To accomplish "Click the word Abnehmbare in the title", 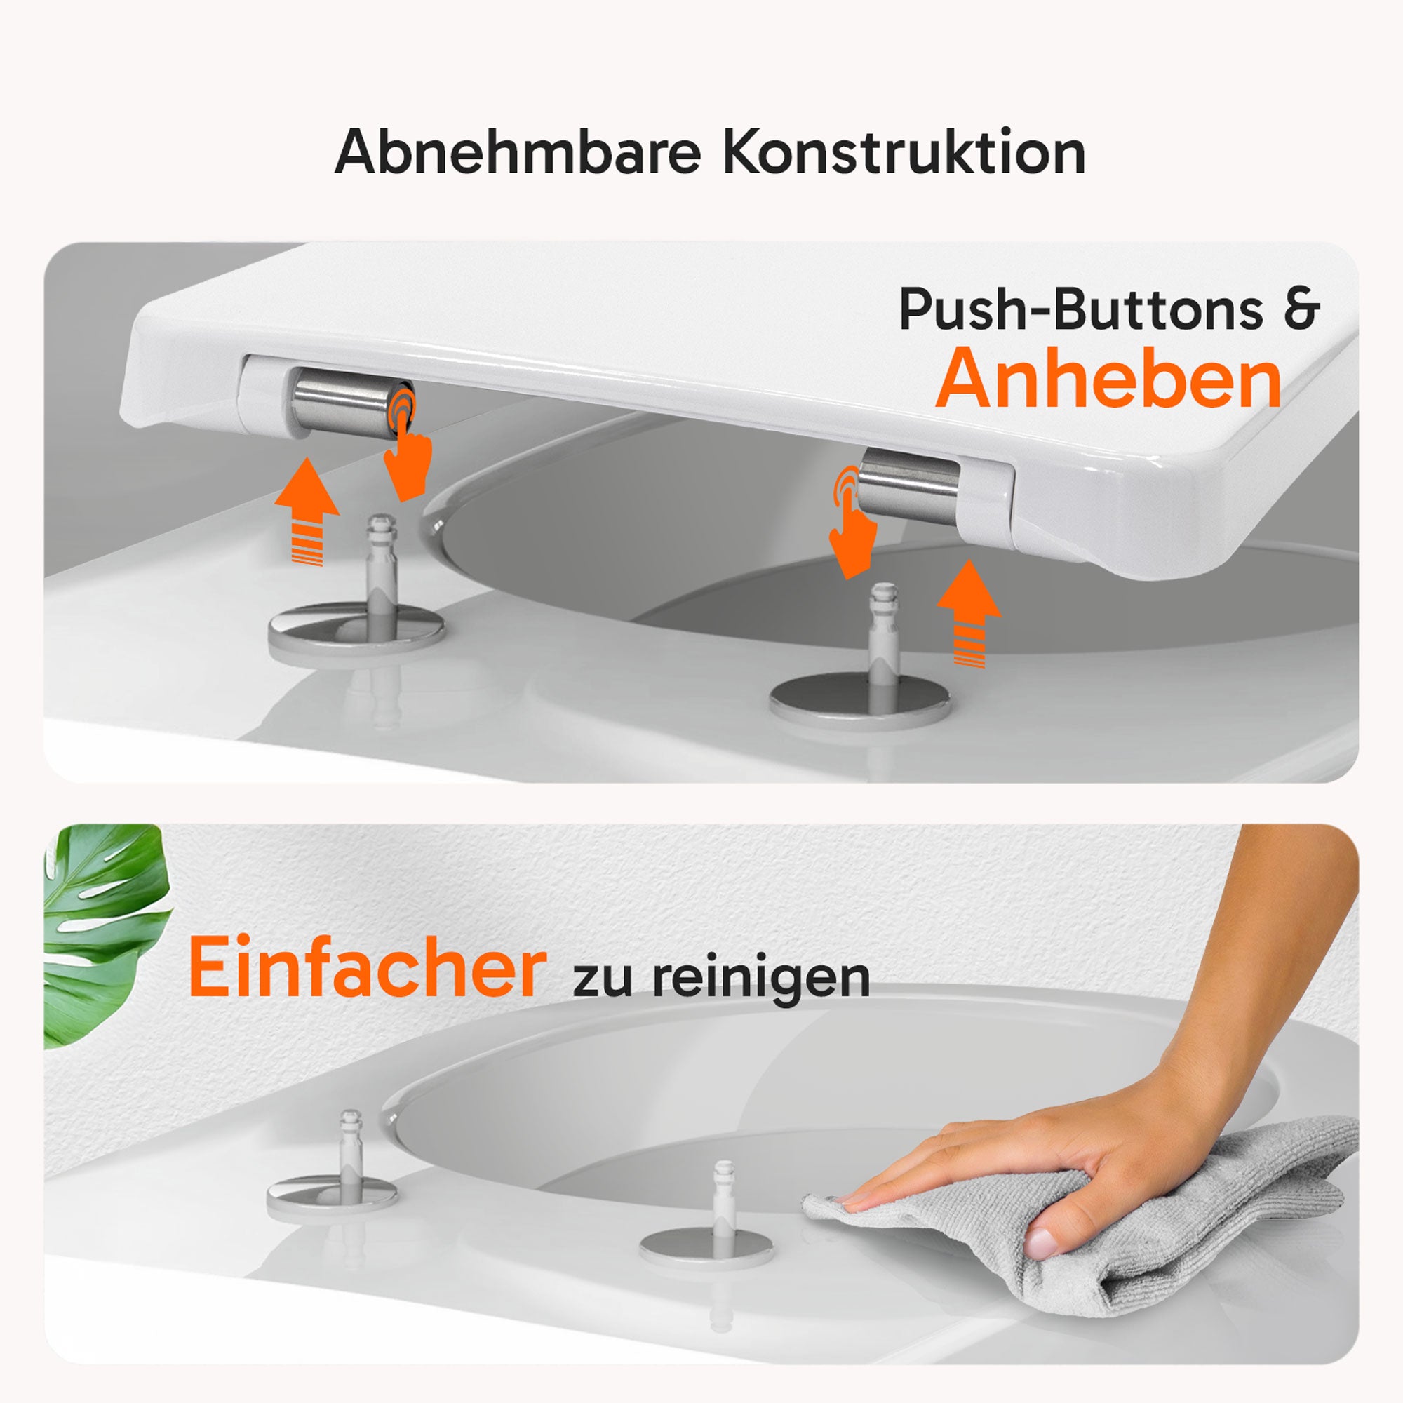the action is [x=517, y=152].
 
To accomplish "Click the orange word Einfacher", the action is [x=367, y=969].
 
